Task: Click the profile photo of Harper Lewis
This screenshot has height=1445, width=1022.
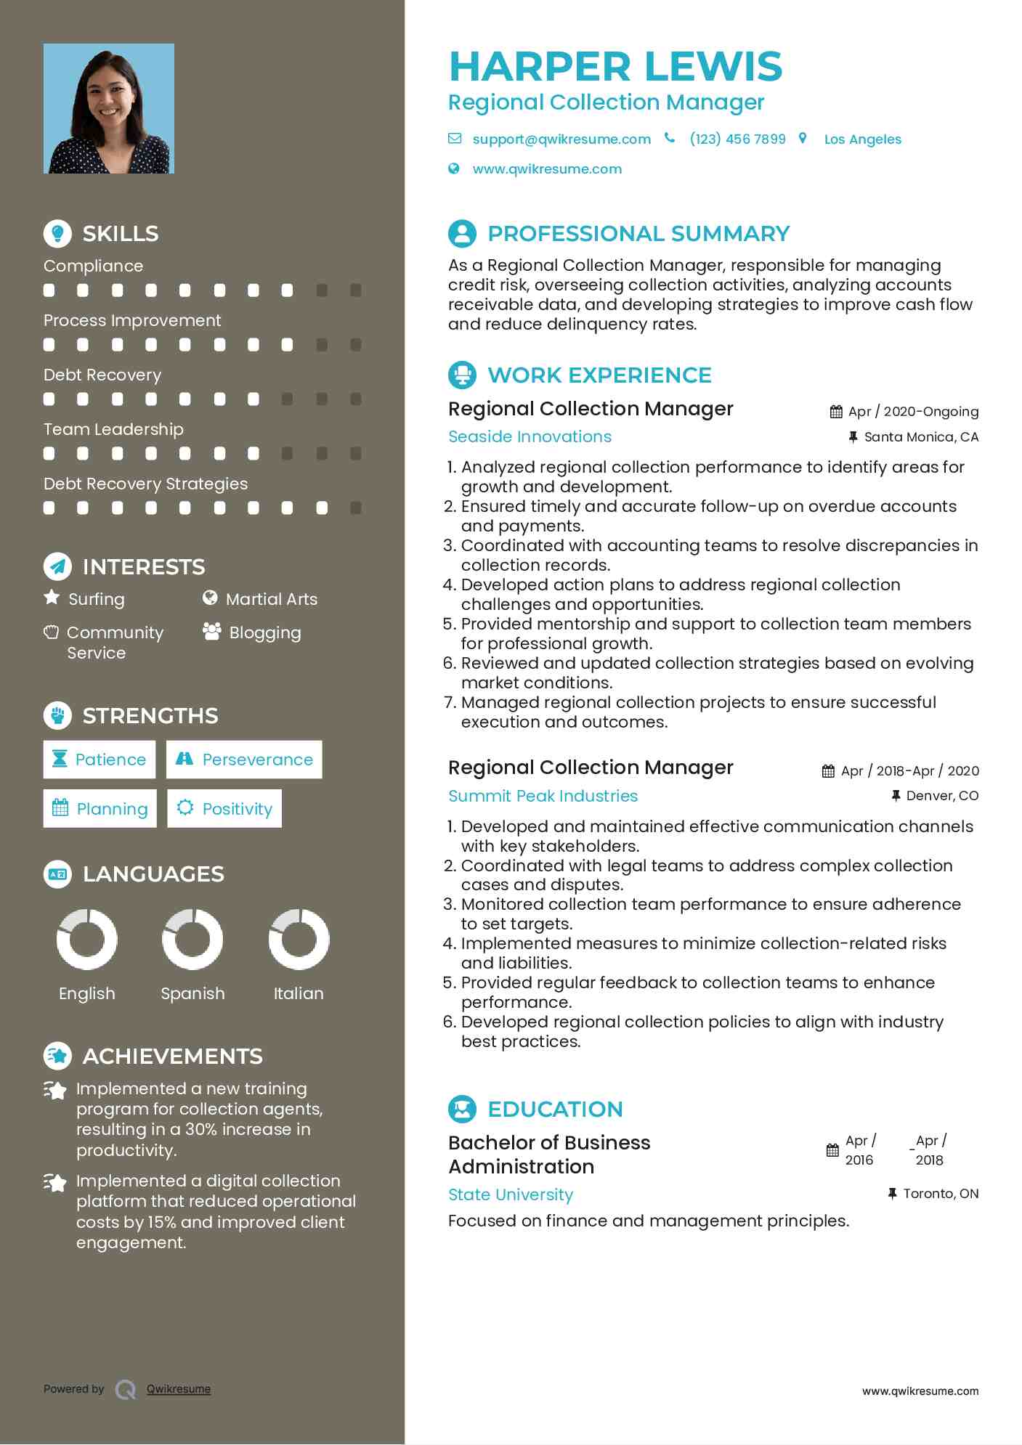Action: pos(109,109)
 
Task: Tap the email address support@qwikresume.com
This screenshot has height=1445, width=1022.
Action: pos(561,139)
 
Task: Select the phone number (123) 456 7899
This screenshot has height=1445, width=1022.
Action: pos(737,139)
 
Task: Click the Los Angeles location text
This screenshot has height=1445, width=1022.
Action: pos(862,139)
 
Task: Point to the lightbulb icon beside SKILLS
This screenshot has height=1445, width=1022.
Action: pos(57,233)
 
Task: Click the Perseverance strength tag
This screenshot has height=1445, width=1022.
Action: pos(244,760)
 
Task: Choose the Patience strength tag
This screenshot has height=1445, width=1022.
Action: pos(100,760)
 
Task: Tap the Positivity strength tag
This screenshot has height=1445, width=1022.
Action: pos(224,809)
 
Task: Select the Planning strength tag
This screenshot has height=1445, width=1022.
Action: pos(100,809)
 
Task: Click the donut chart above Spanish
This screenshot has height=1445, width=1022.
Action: pos(192,940)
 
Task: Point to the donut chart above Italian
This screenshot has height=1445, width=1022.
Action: pos(299,940)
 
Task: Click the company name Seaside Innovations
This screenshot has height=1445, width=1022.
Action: pos(530,436)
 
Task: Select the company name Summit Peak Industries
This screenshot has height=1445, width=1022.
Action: pos(543,796)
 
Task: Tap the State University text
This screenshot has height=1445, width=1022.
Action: pos(510,1194)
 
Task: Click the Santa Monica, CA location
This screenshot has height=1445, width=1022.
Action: pos(920,437)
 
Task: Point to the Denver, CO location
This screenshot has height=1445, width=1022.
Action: pos(941,796)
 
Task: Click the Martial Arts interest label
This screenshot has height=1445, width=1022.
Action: pos(271,599)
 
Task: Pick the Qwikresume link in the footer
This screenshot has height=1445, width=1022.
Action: pos(179,1389)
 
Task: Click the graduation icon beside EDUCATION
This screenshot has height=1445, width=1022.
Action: pos(462,1109)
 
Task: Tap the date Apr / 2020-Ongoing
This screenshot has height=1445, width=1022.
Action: pos(913,412)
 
